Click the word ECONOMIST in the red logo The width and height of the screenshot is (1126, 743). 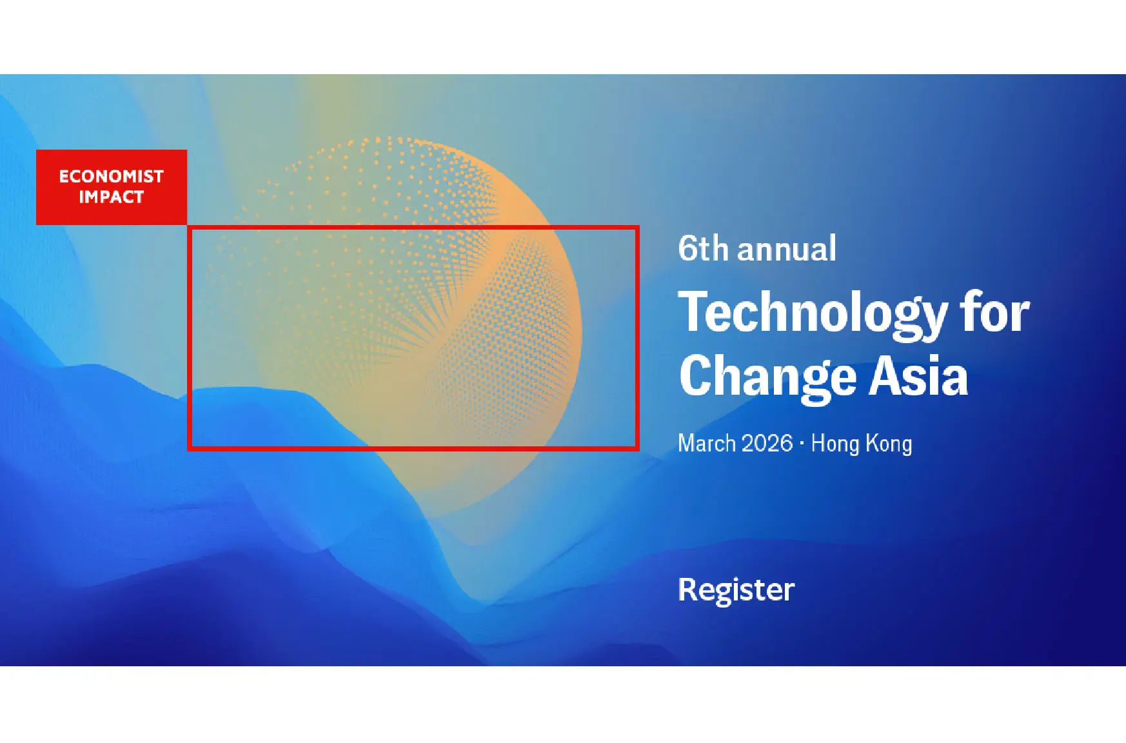[x=111, y=176]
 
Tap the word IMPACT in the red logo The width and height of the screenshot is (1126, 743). [x=111, y=197]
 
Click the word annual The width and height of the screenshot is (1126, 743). [x=787, y=249]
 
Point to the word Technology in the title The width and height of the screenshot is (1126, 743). [x=813, y=313]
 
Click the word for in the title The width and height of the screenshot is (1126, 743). [x=994, y=312]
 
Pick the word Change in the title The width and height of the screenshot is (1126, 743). [x=768, y=377]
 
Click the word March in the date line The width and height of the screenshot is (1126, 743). [x=707, y=444]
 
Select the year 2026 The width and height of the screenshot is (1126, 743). [x=767, y=444]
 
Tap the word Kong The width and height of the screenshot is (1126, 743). [x=889, y=444]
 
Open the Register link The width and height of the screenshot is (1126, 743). [x=736, y=589]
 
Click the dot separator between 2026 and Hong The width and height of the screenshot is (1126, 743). [x=802, y=444]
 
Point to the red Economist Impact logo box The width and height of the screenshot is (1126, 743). [x=111, y=187]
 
